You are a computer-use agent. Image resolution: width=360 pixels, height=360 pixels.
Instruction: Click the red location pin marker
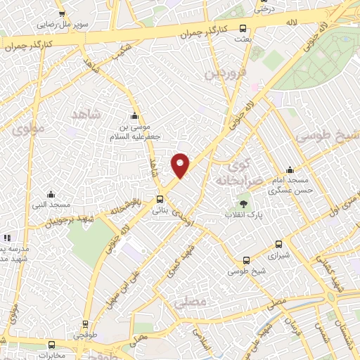point(181,165)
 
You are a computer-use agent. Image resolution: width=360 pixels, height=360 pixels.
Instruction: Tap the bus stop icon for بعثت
point(243,29)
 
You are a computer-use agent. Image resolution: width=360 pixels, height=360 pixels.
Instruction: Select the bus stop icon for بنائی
point(160,199)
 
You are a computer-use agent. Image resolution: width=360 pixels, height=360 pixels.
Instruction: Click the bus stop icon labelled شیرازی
point(278,245)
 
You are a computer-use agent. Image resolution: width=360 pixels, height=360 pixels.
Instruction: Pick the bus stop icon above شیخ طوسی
point(245,260)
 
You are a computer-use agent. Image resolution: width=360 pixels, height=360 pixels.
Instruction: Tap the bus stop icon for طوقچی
point(85,324)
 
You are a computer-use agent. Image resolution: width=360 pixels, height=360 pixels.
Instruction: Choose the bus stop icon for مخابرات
point(51,345)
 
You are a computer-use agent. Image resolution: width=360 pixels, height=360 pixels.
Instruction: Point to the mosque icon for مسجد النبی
point(50,194)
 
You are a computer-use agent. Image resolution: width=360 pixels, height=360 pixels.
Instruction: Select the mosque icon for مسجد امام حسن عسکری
point(290,169)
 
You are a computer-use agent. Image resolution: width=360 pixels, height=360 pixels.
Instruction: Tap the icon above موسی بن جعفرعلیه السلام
point(135,116)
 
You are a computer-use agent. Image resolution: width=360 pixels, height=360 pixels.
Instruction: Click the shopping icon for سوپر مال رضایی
point(63,13)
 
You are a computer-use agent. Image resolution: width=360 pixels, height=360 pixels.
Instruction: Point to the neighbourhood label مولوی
point(29,129)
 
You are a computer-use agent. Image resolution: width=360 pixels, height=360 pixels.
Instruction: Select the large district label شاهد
point(87,113)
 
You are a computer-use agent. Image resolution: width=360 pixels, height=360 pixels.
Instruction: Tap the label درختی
point(263,8)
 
